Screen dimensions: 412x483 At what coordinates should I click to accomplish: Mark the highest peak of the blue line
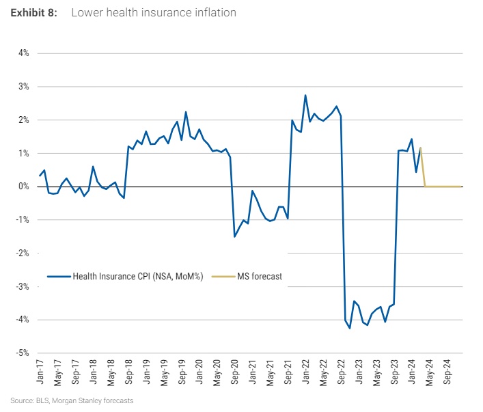pos(305,95)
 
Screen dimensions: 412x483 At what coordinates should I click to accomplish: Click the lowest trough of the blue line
pos(350,328)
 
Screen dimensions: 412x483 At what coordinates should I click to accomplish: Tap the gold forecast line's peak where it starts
pos(420,148)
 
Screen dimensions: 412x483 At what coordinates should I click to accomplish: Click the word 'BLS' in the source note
pos(36,400)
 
